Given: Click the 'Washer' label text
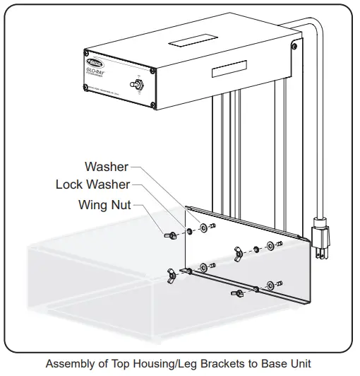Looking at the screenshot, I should (106, 168).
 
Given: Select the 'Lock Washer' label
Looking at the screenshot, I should (92, 185).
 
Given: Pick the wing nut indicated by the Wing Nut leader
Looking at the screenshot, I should (171, 235).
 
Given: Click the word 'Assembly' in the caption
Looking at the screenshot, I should (73, 365).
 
